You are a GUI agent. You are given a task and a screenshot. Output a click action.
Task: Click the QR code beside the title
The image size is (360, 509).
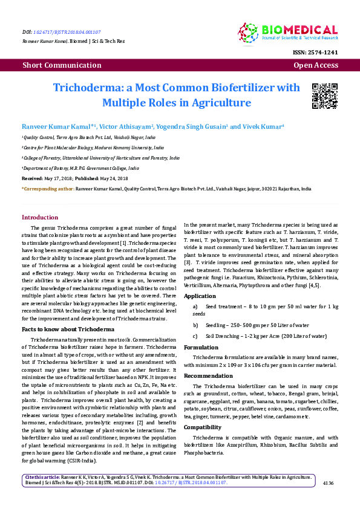coord(324,96)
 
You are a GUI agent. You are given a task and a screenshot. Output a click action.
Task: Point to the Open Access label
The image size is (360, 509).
coord(315,65)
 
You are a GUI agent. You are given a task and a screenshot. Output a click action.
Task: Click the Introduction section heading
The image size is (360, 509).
coord(41,217)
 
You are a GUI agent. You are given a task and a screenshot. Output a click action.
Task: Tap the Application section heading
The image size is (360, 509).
coord(200,296)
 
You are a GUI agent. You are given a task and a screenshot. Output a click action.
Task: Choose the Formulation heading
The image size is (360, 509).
coord(201,348)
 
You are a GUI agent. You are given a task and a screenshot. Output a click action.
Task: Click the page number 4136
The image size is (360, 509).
coord(329,483)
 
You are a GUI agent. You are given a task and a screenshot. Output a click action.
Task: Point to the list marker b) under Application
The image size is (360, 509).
coord(194,324)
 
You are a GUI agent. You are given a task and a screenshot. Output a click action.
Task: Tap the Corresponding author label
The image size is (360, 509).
coord(48,189)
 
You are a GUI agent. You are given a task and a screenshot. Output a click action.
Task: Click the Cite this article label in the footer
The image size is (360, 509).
coord(42,477)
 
